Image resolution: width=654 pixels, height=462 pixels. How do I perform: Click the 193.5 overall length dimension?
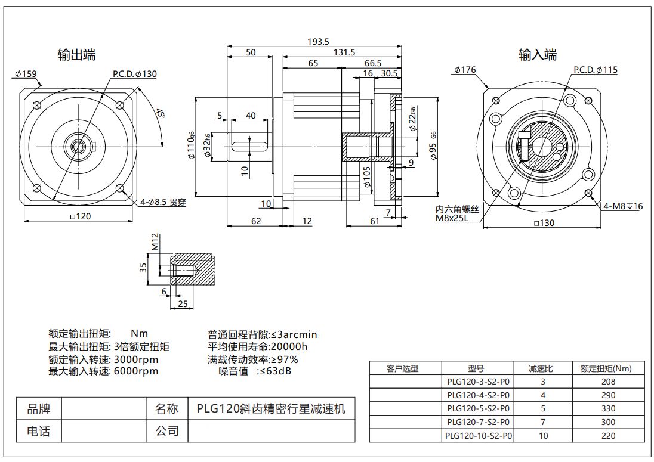point(318,42)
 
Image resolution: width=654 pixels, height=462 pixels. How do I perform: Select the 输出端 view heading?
point(76,55)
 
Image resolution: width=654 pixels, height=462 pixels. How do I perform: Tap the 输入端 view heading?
point(538,55)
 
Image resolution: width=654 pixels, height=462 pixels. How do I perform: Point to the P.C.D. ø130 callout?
point(134,74)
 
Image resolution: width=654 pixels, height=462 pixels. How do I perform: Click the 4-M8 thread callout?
point(623,206)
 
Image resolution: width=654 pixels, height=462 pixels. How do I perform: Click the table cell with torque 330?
point(609,408)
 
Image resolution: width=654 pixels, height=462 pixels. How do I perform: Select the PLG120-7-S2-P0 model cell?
point(478,422)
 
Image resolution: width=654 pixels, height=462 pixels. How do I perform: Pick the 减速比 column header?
point(542,368)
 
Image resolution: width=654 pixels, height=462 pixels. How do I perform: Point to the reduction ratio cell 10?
point(542,436)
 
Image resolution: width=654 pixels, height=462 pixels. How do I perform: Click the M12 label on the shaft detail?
point(155,243)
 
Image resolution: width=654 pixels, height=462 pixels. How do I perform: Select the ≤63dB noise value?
point(274,371)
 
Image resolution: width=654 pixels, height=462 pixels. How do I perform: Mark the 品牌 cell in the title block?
point(39,409)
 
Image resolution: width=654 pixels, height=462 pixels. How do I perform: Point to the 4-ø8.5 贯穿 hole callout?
point(163,203)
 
